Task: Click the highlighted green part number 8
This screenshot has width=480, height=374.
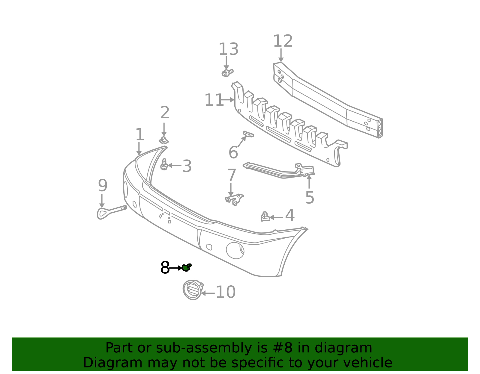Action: point(186,268)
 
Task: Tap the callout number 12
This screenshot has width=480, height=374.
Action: point(283,41)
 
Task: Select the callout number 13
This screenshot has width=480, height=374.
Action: point(228,49)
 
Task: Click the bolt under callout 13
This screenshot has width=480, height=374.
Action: point(227,73)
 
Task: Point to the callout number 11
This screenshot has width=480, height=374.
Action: point(214,100)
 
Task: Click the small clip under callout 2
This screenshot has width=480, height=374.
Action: point(164,140)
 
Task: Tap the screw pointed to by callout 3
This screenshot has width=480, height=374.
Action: point(164,164)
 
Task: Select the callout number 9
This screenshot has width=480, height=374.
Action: point(103,185)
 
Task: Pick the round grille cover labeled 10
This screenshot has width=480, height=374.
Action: point(193,290)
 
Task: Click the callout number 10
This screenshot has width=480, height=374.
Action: point(226,292)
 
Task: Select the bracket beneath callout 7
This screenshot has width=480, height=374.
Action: point(234,199)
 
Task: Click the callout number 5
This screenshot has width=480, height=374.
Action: point(310,197)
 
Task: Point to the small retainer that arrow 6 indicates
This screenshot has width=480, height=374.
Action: point(248,134)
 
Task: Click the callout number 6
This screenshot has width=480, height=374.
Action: point(233,152)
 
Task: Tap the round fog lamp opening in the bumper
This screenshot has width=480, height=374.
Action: point(235,251)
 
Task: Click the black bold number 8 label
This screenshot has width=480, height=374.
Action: point(165,268)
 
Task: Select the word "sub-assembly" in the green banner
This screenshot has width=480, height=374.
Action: point(203,348)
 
